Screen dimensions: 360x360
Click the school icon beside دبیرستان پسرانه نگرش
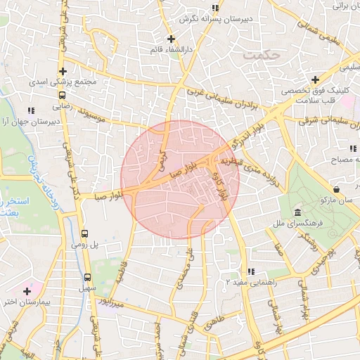point(215,8)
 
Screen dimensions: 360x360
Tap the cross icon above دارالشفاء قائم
point(171,39)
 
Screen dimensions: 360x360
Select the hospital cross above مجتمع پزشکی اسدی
point(63,71)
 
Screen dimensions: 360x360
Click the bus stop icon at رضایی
point(62,95)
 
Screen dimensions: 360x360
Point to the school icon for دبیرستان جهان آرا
point(30,110)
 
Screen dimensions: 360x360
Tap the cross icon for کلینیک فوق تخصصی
point(315,80)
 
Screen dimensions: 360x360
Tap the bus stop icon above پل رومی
point(85,233)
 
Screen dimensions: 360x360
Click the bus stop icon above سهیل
point(88,277)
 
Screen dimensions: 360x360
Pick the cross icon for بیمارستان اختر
point(27,291)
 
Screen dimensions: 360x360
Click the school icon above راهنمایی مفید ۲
point(250,271)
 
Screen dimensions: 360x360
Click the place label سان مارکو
point(337,201)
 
